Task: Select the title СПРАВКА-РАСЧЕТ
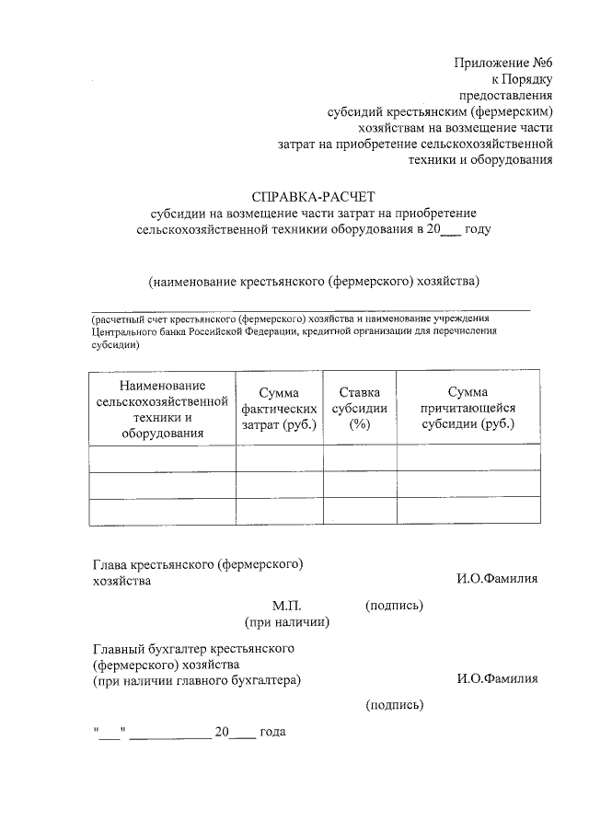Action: [x=315, y=195]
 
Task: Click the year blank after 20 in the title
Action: [x=451, y=229]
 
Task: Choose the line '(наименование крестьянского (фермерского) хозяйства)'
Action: [x=315, y=281]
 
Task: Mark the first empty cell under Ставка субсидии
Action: [x=359, y=458]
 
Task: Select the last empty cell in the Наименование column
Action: [x=162, y=512]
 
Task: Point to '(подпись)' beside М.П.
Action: [x=394, y=606]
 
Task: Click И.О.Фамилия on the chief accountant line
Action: [x=497, y=679]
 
